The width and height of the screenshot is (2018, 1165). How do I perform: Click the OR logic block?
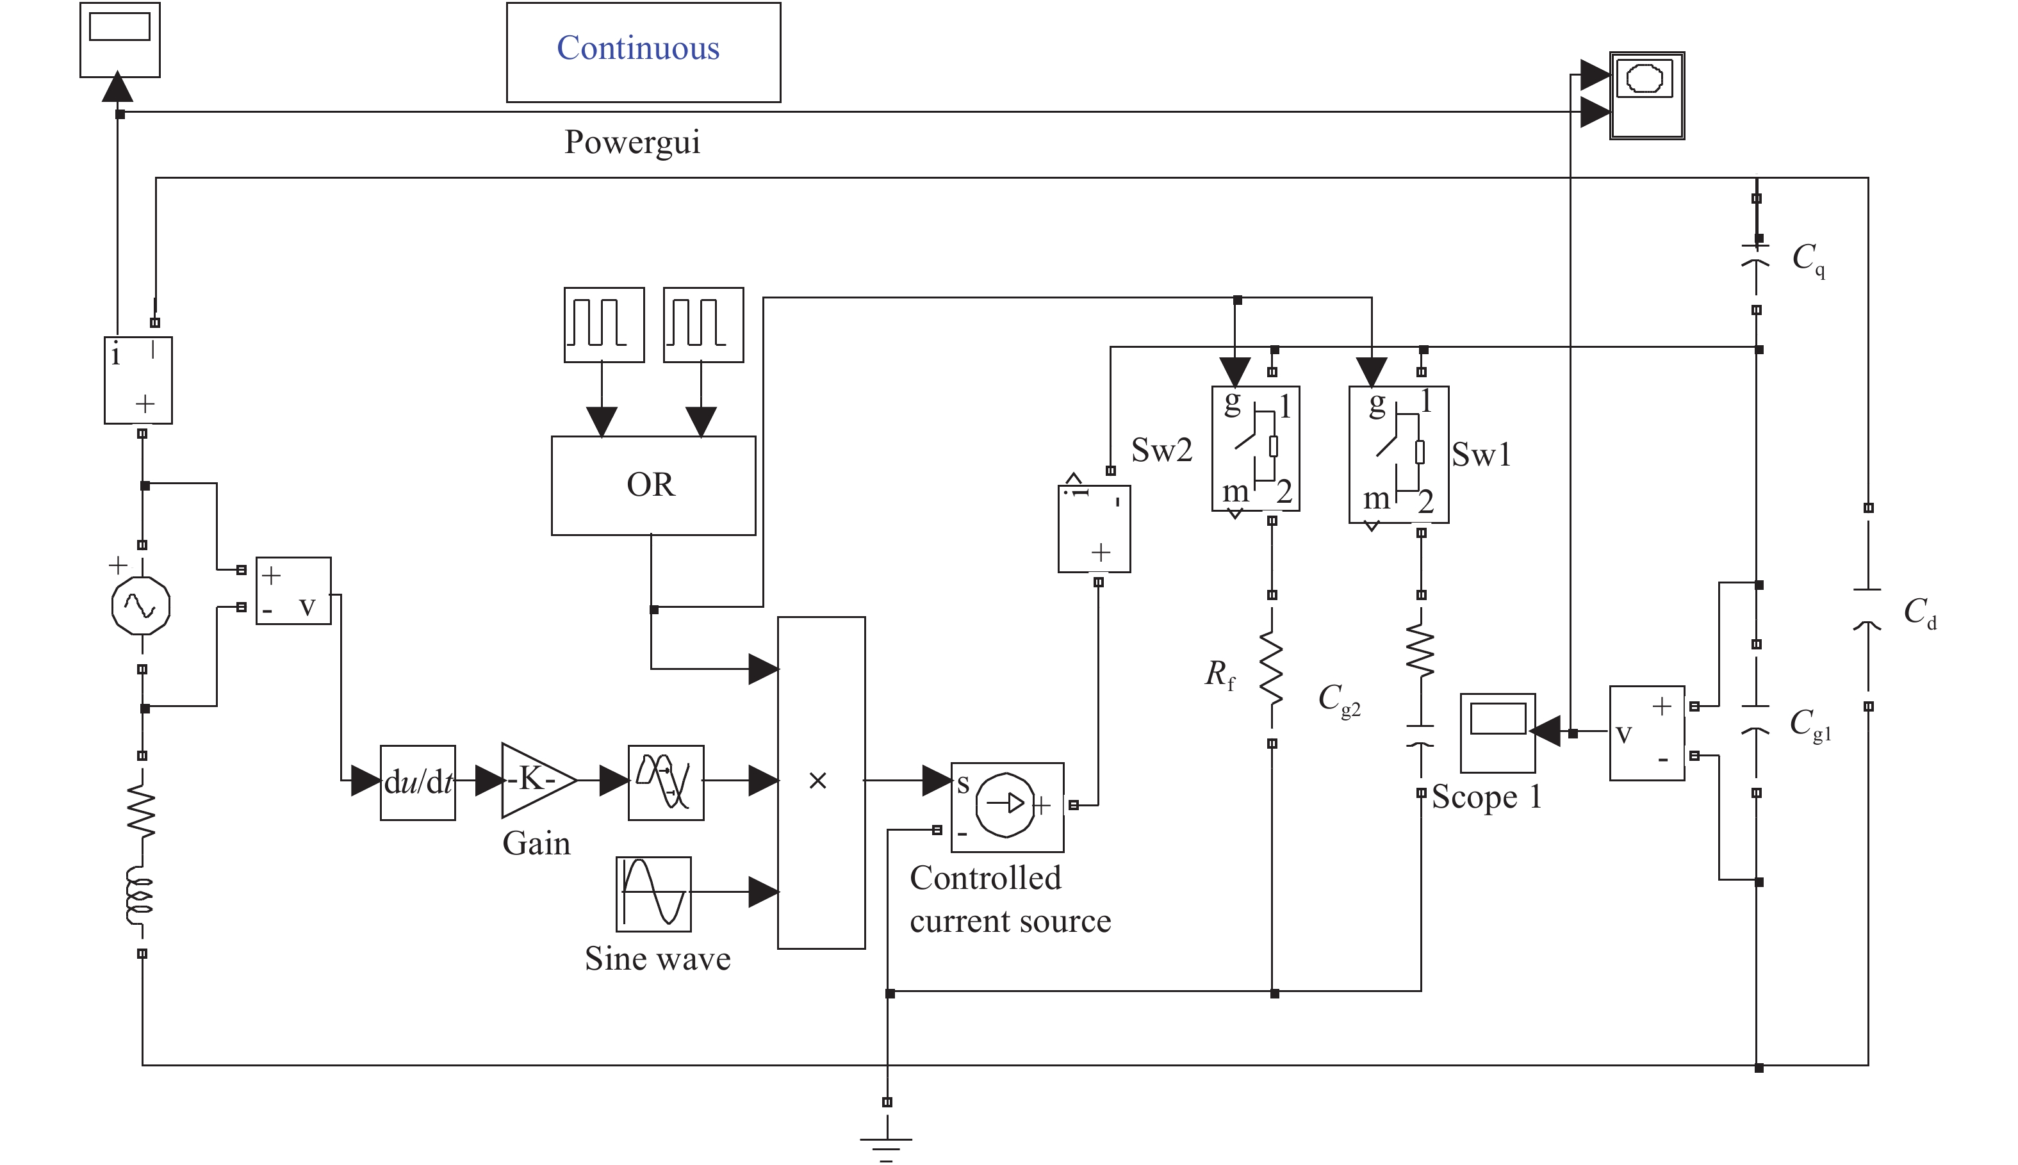pos(653,485)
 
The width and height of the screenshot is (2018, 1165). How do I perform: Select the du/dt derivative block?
pos(418,783)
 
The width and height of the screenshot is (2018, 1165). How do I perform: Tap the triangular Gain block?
pos(534,780)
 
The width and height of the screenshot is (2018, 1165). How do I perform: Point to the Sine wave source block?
pos(653,893)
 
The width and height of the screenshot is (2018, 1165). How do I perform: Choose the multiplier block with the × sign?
pos(821,782)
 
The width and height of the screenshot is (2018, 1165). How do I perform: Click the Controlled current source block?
pos(1006,806)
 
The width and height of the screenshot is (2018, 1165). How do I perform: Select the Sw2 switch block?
pos(1256,449)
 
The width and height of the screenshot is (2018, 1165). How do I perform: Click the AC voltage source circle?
pos(141,606)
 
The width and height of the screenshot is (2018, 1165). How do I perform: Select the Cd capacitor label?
pos(1919,613)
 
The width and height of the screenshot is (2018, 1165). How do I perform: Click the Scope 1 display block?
pos(1497,732)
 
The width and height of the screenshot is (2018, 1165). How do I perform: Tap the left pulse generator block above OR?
pos(604,325)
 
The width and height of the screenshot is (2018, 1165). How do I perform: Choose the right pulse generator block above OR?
pos(703,325)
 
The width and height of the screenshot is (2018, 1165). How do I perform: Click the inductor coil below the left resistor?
pos(140,898)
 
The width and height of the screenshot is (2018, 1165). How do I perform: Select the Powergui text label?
pos(632,142)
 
